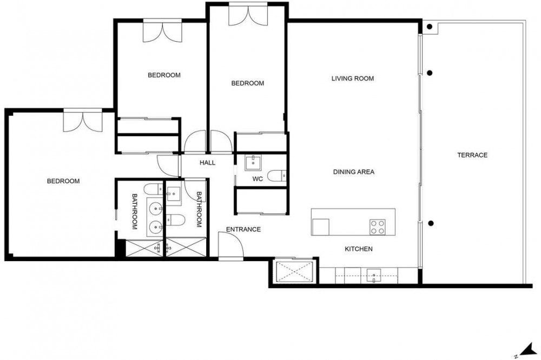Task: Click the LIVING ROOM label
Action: [353, 78]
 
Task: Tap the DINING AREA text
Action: [354, 172]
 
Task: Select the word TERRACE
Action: [472, 155]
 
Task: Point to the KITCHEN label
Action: [359, 249]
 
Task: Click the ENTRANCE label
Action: [243, 229]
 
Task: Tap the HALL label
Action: [207, 163]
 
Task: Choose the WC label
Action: [258, 179]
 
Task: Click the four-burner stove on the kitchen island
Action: [377, 227]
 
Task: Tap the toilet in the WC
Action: [276, 176]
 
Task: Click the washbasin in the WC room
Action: [253, 162]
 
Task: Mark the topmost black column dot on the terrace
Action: [430, 26]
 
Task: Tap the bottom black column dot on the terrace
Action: [431, 223]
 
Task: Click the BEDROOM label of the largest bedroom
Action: [63, 181]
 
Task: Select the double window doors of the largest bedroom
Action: [83, 121]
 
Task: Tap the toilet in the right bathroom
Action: [176, 219]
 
